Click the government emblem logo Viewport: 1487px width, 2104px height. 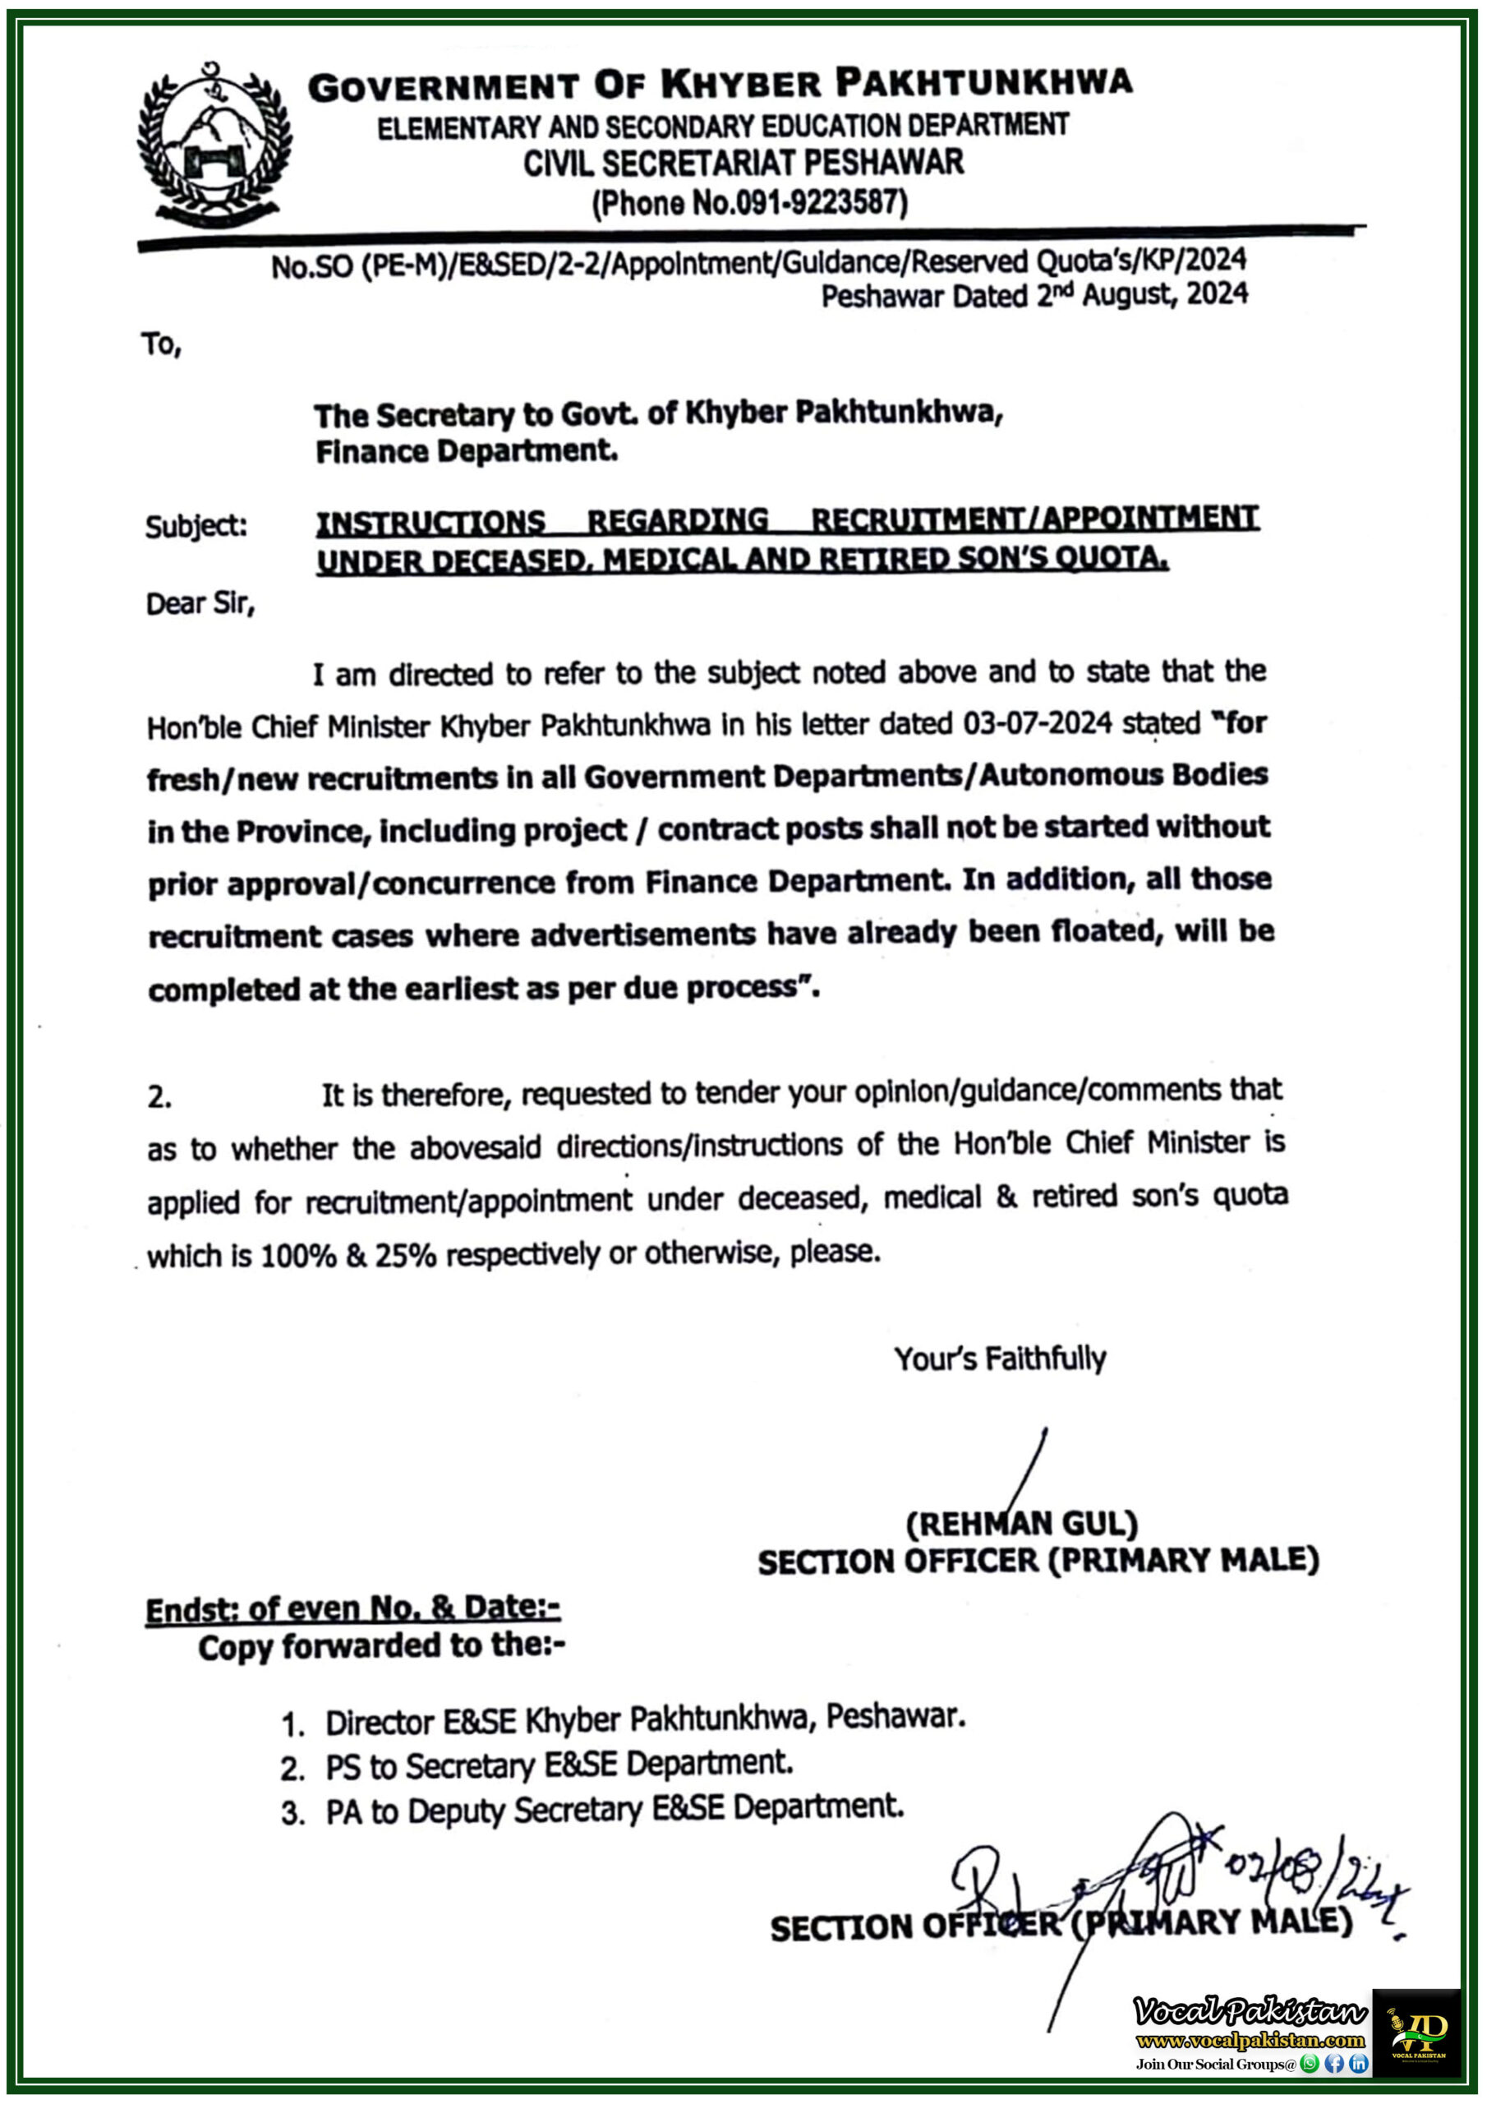(x=214, y=145)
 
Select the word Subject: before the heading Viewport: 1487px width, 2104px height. (x=196, y=526)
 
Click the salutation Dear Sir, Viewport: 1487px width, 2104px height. (x=200, y=604)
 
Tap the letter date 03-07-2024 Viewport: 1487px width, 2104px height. (x=1036, y=724)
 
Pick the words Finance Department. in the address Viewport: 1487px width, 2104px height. (x=467, y=451)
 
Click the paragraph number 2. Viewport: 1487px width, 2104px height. (x=159, y=1097)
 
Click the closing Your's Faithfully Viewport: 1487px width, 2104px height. (x=1000, y=1358)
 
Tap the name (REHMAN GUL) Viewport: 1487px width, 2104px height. (x=1021, y=1524)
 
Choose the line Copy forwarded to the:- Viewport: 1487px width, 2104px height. (x=381, y=1646)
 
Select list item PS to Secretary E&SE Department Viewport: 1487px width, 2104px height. (x=559, y=1765)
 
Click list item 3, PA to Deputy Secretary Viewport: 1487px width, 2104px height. (x=614, y=1810)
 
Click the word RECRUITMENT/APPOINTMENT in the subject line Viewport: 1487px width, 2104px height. (x=1034, y=519)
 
